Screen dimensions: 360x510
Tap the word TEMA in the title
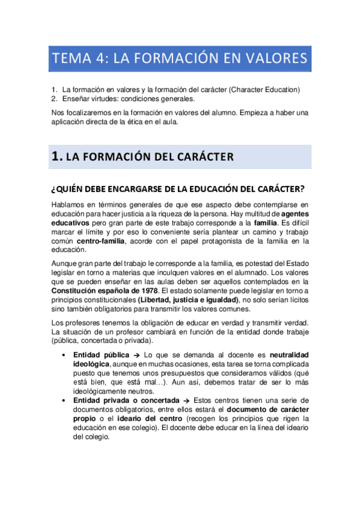point(70,59)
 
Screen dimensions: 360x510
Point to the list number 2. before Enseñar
point(55,99)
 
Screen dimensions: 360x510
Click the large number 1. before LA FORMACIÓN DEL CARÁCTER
point(57,157)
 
